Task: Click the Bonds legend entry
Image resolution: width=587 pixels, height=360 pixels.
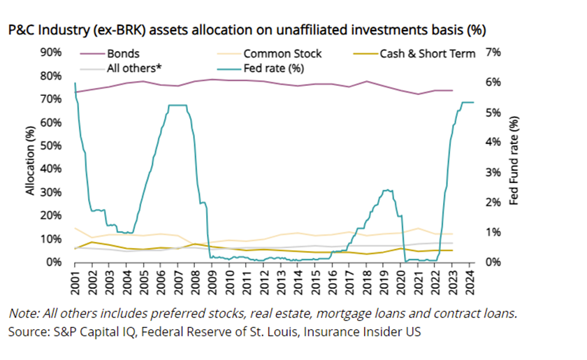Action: [x=123, y=53]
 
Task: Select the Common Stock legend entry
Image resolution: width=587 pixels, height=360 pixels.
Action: [x=282, y=53]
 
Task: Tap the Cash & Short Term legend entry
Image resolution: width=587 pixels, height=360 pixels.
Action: [x=428, y=53]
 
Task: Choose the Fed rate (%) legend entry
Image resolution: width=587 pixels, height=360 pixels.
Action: [x=275, y=69]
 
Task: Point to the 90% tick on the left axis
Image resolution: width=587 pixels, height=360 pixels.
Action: [x=52, y=52]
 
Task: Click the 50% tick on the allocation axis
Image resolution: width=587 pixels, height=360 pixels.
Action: [x=52, y=145]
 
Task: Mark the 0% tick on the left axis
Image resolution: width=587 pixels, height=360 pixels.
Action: [x=55, y=262]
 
